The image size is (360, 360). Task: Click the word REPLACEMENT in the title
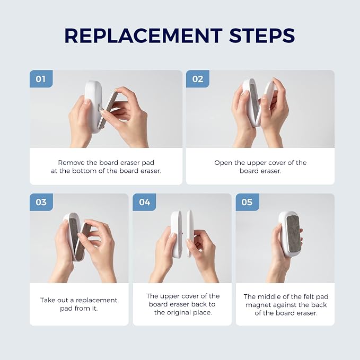coord(144,36)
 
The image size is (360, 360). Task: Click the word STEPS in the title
coord(262,36)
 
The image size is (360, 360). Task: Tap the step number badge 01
coord(41,79)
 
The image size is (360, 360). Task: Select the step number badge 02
coord(198,79)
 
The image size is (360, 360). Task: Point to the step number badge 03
coord(41,202)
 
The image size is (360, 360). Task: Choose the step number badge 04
coord(144,202)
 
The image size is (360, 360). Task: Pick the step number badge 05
coord(247,202)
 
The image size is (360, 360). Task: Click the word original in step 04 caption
coord(179,313)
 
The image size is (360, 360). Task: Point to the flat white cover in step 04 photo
coord(190,233)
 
